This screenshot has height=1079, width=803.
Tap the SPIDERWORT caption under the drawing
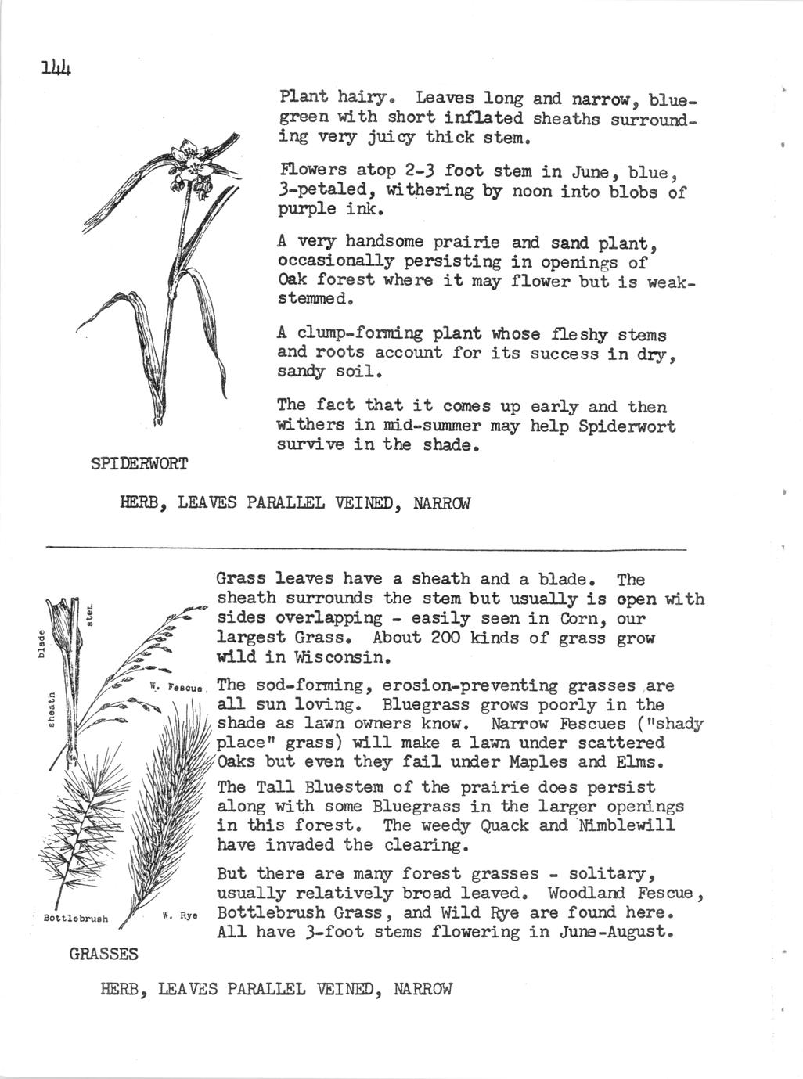(139, 464)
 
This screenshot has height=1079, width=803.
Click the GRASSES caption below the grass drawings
(103, 955)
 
